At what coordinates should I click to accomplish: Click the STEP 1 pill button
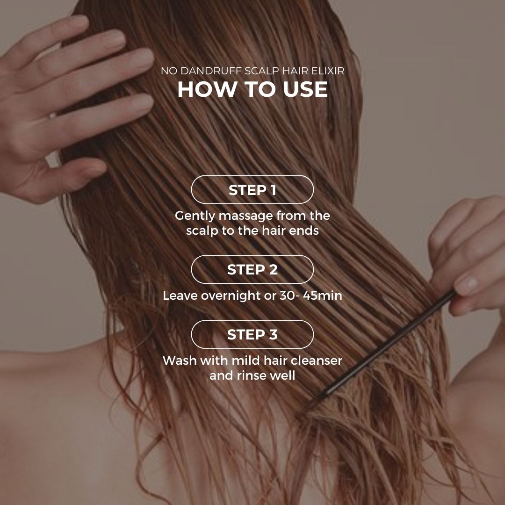point(252,189)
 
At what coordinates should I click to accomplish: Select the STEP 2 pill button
point(252,269)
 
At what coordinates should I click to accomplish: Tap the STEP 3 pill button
point(252,334)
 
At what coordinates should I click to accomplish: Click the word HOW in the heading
point(207,89)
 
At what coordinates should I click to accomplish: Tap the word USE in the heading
point(305,89)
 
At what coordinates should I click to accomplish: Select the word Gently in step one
point(195,216)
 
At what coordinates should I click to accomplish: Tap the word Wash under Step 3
point(180,361)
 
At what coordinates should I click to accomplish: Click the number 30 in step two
point(287,296)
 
